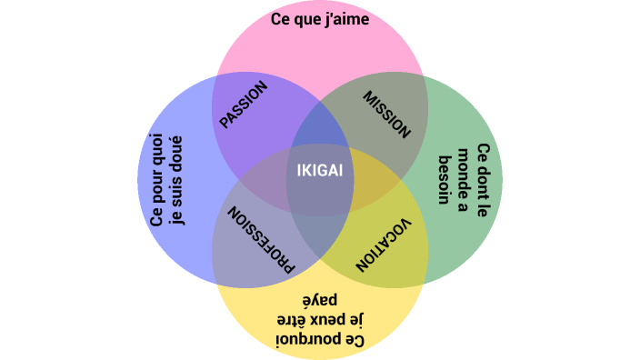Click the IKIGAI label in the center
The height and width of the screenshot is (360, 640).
pos(320,171)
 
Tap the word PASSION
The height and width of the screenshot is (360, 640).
pos(244,105)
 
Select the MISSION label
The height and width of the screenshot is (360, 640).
pos(387,114)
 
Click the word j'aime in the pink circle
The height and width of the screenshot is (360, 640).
pos(345,18)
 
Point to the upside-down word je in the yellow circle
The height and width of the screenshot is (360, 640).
pos(355,319)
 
